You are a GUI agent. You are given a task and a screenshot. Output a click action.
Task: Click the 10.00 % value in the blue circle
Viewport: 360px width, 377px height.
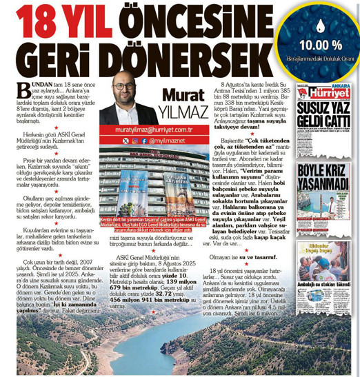click(x=320, y=46)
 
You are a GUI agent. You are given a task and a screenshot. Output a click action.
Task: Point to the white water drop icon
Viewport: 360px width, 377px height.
click(x=320, y=28)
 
